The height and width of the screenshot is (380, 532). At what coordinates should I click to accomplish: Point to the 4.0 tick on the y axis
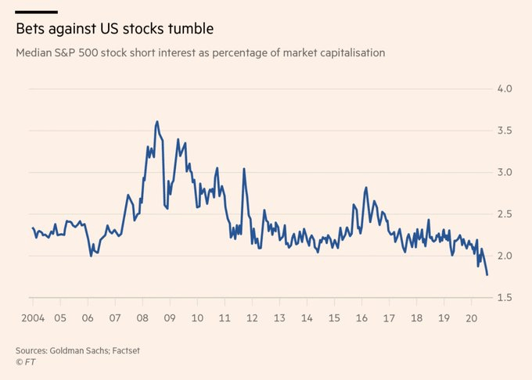coord(505,88)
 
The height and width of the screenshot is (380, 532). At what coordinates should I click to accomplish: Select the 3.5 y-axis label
coord(505,131)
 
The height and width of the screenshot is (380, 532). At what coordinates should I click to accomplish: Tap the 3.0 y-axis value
coord(505,172)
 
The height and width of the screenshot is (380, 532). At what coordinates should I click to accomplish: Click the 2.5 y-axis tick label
coord(505,214)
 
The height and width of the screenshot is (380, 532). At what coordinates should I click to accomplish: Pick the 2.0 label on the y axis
coord(505,256)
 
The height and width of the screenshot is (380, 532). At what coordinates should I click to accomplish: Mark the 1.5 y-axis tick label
coord(505,298)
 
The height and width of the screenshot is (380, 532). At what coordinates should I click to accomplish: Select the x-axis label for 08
coord(142,319)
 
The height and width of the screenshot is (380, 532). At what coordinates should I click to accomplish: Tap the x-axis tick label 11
coord(224,319)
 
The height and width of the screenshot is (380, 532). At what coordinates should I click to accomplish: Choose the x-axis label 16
coord(361,319)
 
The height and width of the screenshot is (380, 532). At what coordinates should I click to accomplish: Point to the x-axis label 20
coord(472,319)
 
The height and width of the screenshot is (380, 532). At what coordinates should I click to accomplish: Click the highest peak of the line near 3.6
coord(157,121)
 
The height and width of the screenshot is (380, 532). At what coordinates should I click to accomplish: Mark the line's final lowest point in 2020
coord(487,274)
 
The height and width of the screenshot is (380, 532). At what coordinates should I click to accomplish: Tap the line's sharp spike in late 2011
coord(244,169)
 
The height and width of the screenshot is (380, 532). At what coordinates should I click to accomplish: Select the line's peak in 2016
coord(366,188)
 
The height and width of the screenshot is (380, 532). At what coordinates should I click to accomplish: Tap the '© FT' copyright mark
coord(27,364)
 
